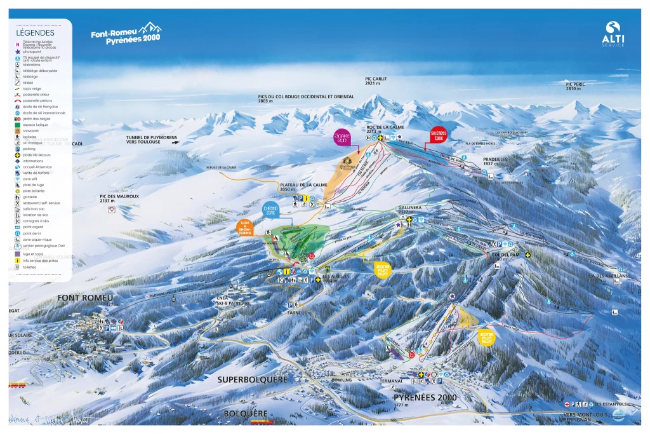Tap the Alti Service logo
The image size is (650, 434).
[613, 34]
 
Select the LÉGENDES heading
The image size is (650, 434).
[36, 32]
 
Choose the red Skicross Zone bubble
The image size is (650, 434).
[436, 135]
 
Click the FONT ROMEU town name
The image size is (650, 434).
[85, 298]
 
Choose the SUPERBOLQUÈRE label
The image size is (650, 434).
[252, 379]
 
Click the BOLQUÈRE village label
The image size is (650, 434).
[246, 414]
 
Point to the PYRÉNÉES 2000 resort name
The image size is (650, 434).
[425, 397]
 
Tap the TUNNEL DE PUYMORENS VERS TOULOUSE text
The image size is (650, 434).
[150, 140]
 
